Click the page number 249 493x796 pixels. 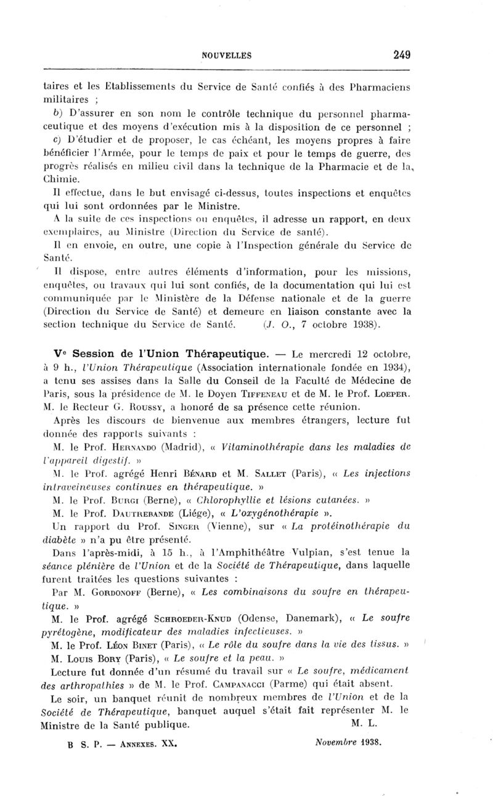pos(401,55)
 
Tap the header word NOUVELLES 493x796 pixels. pos(227,55)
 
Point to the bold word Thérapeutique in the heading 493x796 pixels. pos(233,354)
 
